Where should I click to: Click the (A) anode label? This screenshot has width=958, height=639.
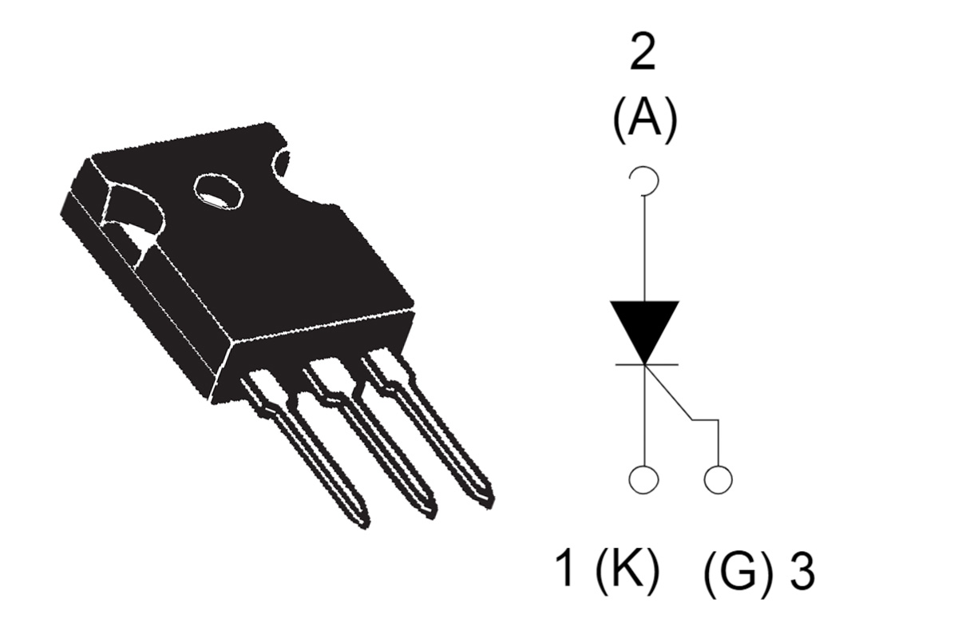[x=644, y=122]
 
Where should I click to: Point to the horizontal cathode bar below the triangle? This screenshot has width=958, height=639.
[x=645, y=364]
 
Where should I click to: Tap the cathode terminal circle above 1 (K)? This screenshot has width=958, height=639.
[x=644, y=479]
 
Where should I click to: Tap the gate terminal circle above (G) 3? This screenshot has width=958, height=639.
[x=718, y=479]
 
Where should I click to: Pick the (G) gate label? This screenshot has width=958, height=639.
[x=738, y=572]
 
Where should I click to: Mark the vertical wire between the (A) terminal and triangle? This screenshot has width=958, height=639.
[x=644, y=248]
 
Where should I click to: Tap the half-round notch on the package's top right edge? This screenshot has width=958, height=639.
[x=281, y=165]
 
